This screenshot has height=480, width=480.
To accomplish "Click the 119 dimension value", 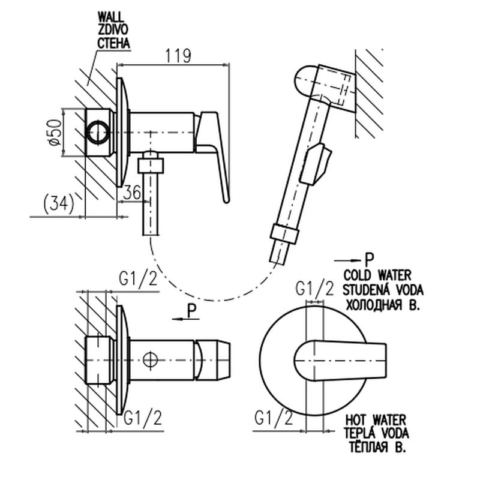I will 178,56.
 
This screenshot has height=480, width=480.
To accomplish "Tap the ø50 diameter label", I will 53,131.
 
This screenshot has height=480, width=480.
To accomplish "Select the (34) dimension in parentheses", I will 59,205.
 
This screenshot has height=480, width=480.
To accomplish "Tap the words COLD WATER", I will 377,275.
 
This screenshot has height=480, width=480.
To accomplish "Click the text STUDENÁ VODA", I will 383,289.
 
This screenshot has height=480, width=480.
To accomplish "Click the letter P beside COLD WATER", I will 369,260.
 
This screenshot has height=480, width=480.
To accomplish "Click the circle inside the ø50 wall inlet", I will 98,131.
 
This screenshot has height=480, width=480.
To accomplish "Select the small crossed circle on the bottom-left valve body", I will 151,360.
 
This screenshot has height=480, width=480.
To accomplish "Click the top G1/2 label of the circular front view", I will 314,289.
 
